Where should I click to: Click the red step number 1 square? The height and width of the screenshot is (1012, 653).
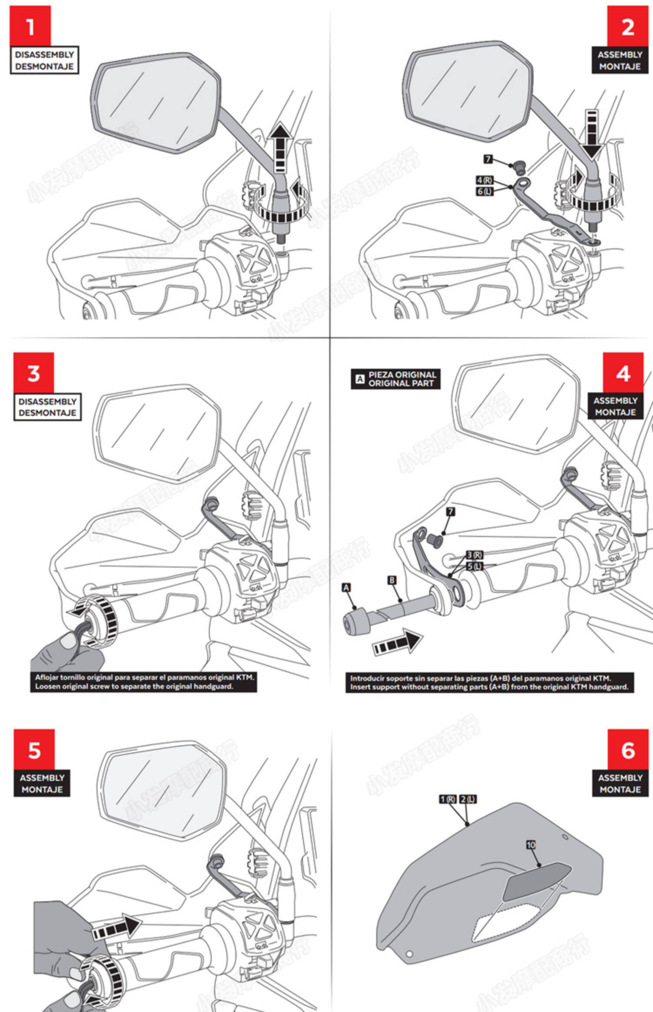pyautogui.click(x=30, y=26)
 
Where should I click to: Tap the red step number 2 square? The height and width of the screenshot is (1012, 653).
pyautogui.click(x=627, y=26)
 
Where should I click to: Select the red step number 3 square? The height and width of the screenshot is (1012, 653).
pyautogui.click(x=34, y=373)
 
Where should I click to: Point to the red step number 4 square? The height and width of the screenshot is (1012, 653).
pyautogui.click(x=623, y=373)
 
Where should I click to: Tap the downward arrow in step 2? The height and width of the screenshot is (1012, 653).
pyautogui.click(x=592, y=135)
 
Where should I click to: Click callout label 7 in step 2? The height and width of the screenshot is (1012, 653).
pyautogui.click(x=488, y=159)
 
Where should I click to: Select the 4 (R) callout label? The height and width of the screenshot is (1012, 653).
pyautogui.click(x=485, y=180)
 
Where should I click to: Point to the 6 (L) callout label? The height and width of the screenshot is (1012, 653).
pyautogui.click(x=485, y=191)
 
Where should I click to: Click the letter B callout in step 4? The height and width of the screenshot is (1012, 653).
pyautogui.click(x=392, y=580)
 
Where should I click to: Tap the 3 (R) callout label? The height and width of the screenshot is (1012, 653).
pyautogui.click(x=474, y=555)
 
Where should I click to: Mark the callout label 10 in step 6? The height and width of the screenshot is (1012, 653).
pyautogui.click(x=531, y=845)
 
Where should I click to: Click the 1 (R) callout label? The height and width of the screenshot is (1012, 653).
pyautogui.click(x=448, y=798)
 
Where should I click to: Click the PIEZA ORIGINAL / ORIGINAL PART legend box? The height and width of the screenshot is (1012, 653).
pyautogui.click(x=395, y=379)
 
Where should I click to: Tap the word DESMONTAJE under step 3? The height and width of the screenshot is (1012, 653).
pyautogui.click(x=47, y=412)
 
